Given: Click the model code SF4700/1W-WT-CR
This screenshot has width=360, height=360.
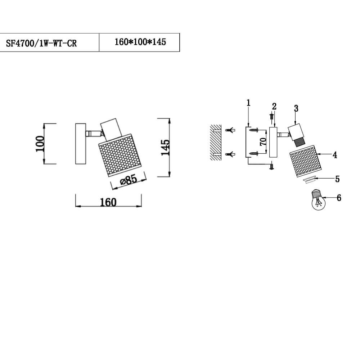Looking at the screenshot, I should click(x=41, y=44).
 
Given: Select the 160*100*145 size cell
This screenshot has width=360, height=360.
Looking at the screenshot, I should click(x=140, y=42).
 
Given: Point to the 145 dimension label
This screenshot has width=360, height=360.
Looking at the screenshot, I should click(x=165, y=147).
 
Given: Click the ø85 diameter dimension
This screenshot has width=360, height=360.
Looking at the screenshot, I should click(x=129, y=180).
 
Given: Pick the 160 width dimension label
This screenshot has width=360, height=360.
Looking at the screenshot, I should click(x=108, y=202).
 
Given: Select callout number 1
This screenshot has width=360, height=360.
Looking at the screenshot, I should click(x=248, y=103).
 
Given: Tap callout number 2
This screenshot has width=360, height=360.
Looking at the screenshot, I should click(x=274, y=106).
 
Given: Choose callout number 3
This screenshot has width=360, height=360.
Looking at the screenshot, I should click(x=296, y=108).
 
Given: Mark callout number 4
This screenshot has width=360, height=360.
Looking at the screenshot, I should click(x=335, y=155).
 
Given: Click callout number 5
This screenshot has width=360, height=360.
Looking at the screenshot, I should click(x=337, y=179).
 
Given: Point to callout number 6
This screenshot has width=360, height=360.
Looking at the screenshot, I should click(x=339, y=198).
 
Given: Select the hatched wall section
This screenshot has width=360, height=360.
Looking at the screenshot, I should click(x=215, y=143).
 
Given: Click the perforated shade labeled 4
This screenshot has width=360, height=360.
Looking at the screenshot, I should click(x=303, y=161).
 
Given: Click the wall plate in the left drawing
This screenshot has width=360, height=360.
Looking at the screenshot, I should click(x=80, y=144).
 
